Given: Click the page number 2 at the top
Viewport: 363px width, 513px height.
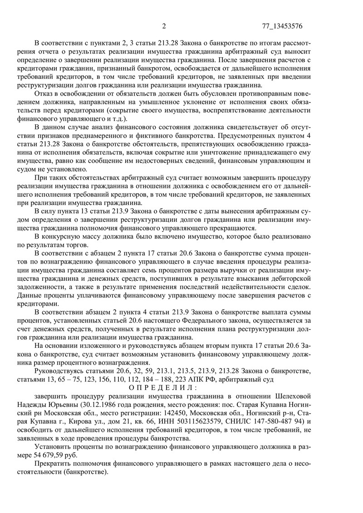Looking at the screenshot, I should click(x=164, y=26).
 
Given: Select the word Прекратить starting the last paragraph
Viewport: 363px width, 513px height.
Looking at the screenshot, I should click(x=57, y=464).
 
